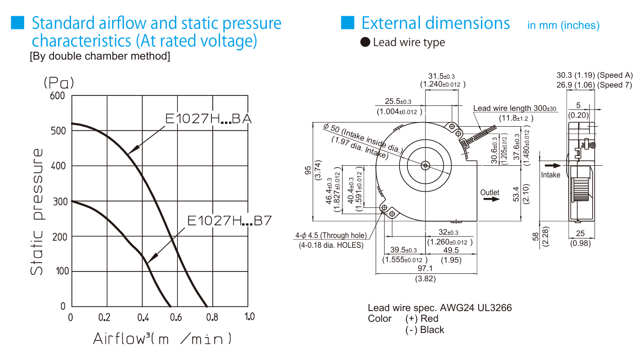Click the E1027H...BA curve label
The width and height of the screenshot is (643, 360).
[209, 119]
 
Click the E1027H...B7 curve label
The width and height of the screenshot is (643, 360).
[230, 220]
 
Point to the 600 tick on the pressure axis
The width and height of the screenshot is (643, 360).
[57, 95]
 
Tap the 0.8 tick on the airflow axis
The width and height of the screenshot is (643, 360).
[212, 317]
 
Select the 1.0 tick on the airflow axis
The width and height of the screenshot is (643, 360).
[250, 317]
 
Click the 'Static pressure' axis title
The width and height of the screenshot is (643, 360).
[37, 212]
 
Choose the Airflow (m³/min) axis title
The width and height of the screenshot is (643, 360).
[162, 339]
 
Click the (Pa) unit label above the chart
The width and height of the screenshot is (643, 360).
[59, 83]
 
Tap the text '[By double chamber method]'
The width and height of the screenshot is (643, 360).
[100, 56]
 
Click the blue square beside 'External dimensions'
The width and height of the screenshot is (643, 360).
[347, 23]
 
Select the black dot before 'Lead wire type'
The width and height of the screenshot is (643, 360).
[365, 42]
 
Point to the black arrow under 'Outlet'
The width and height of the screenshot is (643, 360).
[491, 199]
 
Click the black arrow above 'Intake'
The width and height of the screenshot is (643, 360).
[553, 165]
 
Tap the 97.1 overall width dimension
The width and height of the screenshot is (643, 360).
[425, 268]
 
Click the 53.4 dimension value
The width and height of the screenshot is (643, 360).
[516, 194]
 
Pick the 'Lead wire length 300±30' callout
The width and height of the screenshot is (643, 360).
[514, 109]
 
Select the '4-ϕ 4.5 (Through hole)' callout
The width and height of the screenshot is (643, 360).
[331, 235]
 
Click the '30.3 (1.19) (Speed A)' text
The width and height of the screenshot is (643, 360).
[595, 75]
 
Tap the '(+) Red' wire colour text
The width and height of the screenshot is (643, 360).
[422, 319]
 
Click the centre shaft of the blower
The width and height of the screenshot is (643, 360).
[426, 166]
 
